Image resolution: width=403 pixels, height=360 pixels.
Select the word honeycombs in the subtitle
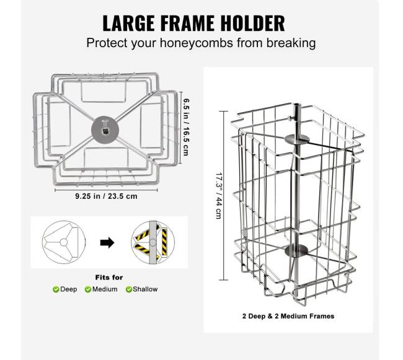click(x=197, y=43)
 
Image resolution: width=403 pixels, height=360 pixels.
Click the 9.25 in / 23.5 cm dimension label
click(x=106, y=196)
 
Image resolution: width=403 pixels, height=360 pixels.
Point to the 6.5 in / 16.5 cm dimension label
click(x=186, y=127)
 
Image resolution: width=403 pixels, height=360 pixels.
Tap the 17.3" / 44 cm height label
click(x=218, y=196)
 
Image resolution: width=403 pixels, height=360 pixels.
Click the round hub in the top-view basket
click(x=105, y=129)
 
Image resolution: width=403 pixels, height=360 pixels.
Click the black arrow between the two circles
click(x=107, y=242)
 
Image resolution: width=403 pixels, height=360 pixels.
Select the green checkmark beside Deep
click(x=56, y=289)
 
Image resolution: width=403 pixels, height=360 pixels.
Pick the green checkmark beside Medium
click(x=88, y=289)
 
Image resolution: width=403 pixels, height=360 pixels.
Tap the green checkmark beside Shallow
click(x=129, y=289)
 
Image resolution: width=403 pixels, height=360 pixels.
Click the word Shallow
click(x=145, y=289)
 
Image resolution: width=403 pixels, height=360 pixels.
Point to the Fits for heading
click(x=109, y=278)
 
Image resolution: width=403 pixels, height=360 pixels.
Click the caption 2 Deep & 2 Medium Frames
click(x=288, y=316)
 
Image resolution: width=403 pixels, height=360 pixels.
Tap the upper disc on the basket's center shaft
click(x=297, y=139)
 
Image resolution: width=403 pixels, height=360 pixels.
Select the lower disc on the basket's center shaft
click(x=296, y=250)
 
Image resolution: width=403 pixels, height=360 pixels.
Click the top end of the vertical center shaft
click(x=297, y=105)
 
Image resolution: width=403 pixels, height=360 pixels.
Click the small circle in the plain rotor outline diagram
click(x=63, y=242)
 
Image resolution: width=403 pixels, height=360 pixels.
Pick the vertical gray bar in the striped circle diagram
click(x=153, y=242)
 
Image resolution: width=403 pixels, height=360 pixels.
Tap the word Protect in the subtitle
click(x=107, y=43)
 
